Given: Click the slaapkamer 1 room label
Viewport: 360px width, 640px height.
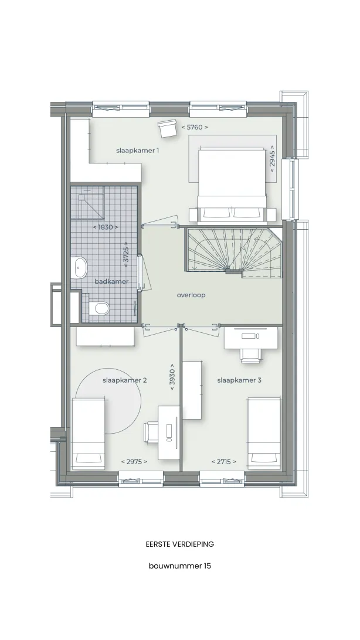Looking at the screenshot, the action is (x=138, y=151).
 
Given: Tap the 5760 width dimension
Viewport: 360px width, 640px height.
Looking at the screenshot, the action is (x=195, y=127).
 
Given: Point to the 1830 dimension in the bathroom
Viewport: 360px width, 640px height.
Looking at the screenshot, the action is (x=106, y=227).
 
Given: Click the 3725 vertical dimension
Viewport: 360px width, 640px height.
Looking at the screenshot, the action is (x=125, y=255).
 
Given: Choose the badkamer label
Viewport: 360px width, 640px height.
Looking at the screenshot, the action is (x=111, y=281).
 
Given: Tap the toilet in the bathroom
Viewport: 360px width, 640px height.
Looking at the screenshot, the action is (x=99, y=308).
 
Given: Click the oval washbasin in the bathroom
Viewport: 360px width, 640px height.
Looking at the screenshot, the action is (x=80, y=268).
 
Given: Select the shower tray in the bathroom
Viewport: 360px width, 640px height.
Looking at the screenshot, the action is (x=91, y=206).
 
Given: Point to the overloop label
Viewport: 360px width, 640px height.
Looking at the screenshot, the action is (x=191, y=295).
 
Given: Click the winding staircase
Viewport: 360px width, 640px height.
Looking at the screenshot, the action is (x=235, y=253).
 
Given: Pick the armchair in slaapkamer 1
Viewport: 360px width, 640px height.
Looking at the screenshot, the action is (x=167, y=128).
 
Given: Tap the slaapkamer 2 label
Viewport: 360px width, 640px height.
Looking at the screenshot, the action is (x=124, y=380).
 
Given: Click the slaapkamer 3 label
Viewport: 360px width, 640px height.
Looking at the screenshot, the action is (x=239, y=380).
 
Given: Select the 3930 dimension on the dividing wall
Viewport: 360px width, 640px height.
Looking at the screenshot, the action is (x=172, y=377).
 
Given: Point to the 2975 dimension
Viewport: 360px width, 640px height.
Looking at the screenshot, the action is (x=134, y=462).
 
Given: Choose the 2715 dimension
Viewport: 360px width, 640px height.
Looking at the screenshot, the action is (x=224, y=462).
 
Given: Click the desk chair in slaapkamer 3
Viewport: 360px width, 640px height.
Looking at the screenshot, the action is (x=250, y=355).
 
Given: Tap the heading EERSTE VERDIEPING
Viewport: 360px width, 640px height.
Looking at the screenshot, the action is (x=179, y=544).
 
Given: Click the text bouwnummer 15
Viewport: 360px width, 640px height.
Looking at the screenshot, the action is (x=180, y=566).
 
